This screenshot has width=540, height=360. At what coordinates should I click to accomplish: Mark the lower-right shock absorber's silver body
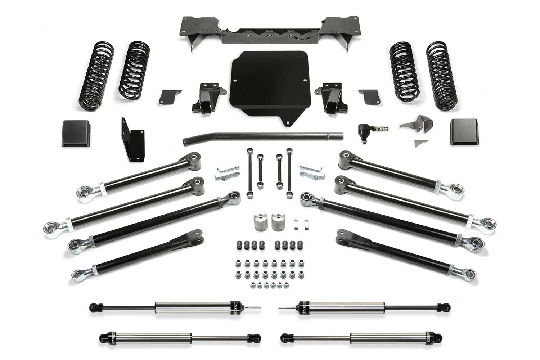tap(375, 338)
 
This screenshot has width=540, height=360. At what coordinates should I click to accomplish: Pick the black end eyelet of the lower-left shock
tap(103, 338)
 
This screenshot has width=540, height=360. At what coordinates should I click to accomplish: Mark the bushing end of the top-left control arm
tap(194, 158)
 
